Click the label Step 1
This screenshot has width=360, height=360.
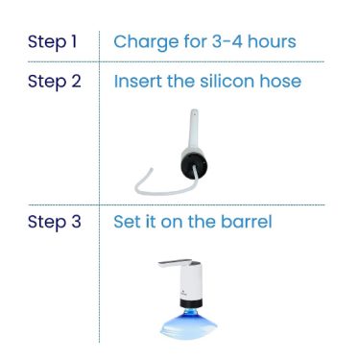53,42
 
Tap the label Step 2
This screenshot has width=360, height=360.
54,82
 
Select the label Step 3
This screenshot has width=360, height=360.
54,222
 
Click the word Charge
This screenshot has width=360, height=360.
146,43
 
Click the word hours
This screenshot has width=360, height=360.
272,41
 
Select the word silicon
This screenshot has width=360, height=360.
227,81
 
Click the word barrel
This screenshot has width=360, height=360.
247,221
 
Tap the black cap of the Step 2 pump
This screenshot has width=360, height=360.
194,166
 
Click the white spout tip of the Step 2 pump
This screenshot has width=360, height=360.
194,112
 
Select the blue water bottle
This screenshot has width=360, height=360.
189,324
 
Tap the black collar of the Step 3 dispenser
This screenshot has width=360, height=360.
191,303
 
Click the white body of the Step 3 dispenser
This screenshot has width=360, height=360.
191,281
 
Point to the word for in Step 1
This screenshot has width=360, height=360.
195,41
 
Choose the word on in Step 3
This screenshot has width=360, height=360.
172,223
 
